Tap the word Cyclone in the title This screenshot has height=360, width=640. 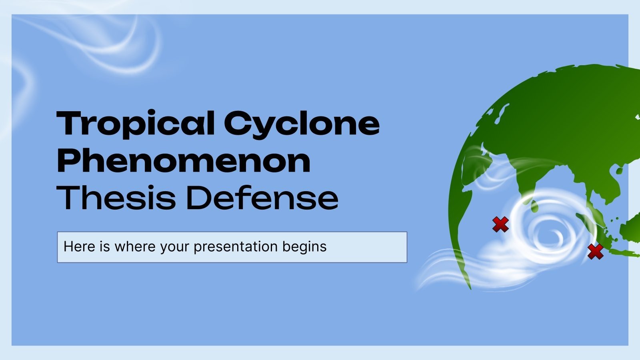pos(301,124)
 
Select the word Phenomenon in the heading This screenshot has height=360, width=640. pos(184,161)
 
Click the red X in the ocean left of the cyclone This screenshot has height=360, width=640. pos(500,224)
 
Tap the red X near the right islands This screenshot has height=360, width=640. pos(595,251)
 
